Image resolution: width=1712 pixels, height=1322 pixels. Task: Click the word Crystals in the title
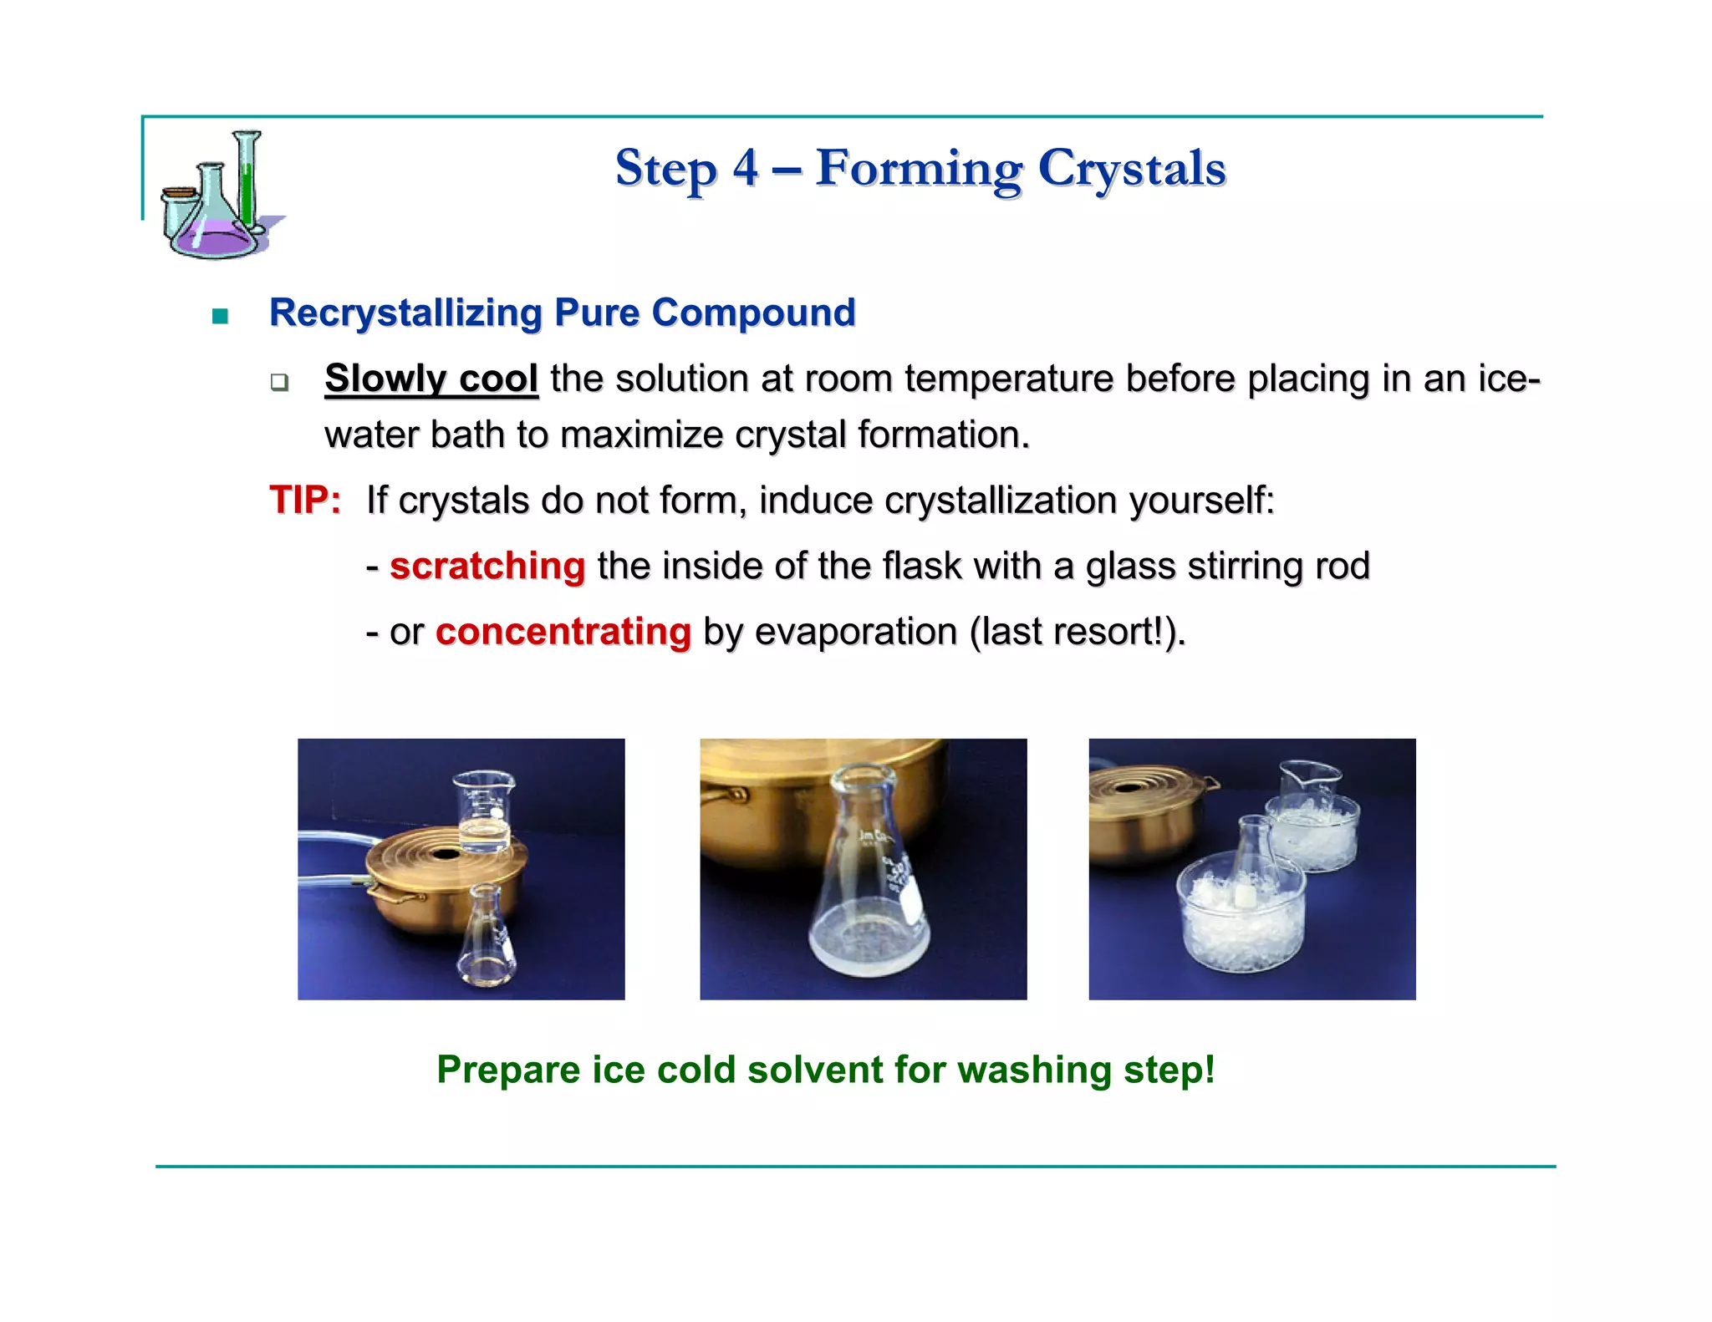click(x=1132, y=168)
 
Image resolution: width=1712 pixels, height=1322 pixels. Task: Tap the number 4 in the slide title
click(x=746, y=168)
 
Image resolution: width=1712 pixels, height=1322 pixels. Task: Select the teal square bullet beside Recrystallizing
click(x=220, y=316)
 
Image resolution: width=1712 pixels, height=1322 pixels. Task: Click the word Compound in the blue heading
click(x=753, y=313)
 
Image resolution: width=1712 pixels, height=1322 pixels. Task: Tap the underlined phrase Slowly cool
click(x=431, y=379)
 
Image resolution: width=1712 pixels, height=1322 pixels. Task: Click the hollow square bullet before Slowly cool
click(x=279, y=383)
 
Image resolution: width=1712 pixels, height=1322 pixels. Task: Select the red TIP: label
click(x=305, y=501)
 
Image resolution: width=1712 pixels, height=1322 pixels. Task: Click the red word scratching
click(x=487, y=566)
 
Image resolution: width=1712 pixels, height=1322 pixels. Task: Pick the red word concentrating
click(x=563, y=631)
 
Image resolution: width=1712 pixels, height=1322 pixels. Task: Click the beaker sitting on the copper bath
click(x=483, y=811)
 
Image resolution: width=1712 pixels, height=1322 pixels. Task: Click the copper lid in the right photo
click(x=1144, y=786)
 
